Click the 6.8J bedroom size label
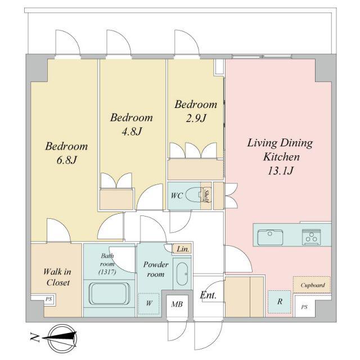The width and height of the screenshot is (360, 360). pos(66,160)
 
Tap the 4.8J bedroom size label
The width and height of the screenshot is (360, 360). pos(132,132)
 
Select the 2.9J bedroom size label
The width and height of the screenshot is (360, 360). pos(196,118)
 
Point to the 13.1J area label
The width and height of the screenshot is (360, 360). pos(280,170)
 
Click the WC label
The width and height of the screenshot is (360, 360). pos(177,196)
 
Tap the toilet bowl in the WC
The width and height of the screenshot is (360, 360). pos(193,195)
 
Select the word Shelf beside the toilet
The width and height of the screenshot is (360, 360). pos(206,196)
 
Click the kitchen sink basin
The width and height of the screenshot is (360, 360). pos(270,237)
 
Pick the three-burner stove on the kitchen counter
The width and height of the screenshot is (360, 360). pos(311,236)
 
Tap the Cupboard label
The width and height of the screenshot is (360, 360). pos(313,285)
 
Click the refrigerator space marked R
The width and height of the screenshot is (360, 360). pos(280,301)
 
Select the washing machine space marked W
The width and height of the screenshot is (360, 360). pos(148,304)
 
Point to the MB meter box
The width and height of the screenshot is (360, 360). pos(177,304)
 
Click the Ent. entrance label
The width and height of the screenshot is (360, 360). pos(208,295)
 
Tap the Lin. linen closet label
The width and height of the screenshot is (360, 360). pos(183,249)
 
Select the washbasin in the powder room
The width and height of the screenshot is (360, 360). pos(182,274)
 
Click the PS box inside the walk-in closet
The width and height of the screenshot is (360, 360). pos(49,299)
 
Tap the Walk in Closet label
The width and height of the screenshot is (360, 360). pos(57,277)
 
